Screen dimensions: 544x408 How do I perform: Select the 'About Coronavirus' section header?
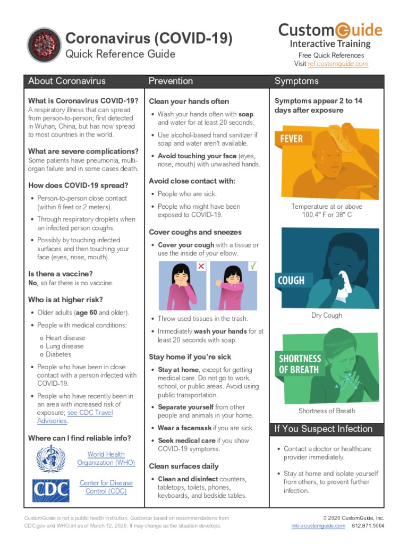(x=67, y=81)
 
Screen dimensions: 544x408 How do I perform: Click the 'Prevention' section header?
(x=171, y=81)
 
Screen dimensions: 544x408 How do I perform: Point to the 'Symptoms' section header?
(x=296, y=81)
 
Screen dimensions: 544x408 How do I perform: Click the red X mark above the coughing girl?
(x=201, y=266)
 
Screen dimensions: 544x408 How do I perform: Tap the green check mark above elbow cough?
(x=253, y=265)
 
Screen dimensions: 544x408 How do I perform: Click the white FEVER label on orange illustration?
(x=291, y=139)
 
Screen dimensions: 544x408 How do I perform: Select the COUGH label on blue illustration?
(x=291, y=280)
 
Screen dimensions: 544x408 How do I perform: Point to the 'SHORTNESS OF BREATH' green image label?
(x=301, y=364)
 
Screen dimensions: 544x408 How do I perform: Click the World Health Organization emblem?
(x=50, y=458)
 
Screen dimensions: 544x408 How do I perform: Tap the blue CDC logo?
(x=50, y=490)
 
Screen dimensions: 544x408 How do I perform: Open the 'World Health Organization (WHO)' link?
(x=106, y=458)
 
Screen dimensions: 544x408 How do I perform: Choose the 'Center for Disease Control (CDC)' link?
(x=106, y=487)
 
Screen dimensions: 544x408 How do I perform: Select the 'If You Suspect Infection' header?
(x=324, y=429)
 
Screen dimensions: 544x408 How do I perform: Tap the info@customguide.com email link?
(x=318, y=526)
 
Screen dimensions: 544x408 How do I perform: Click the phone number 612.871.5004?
(x=368, y=526)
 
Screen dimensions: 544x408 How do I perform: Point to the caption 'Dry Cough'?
(x=327, y=316)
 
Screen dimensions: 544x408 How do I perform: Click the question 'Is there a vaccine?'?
(x=60, y=274)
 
